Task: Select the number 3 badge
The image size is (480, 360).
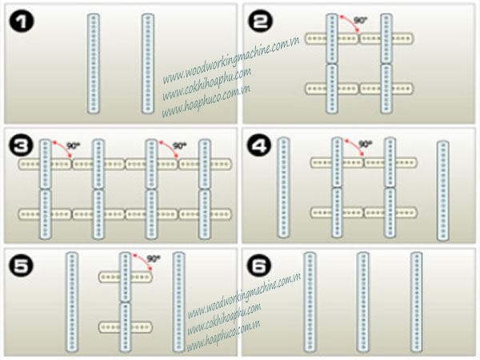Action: pyautogui.click(x=21, y=146)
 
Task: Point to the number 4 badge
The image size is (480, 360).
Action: pyautogui.click(x=260, y=146)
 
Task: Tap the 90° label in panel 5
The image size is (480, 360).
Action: pyautogui.click(x=154, y=258)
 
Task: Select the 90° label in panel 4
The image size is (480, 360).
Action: pyautogui.click(x=365, y=144)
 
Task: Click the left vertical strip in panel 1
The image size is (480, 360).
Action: pyautogui.click(x=93, y=62)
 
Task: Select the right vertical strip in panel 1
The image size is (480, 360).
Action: pyautogui.click(x=146, y=62)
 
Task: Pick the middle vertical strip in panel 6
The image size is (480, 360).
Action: pyautogui.click(x=362, y=302)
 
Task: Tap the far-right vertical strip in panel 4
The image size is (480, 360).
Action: pyautogui.click(x=442, y=190)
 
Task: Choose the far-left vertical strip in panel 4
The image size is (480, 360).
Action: pyautogui.click(x=282, y=187)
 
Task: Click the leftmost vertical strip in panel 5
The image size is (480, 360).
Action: pyautogui.click(x=71, y=302)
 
